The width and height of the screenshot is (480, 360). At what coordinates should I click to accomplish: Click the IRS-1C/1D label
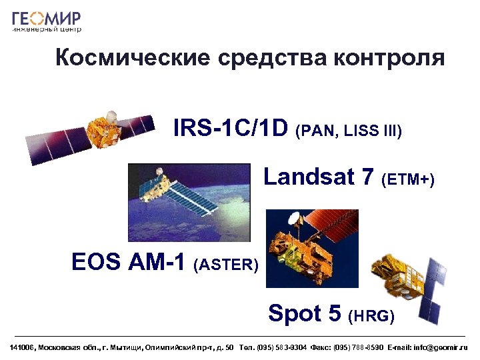pos(230,127)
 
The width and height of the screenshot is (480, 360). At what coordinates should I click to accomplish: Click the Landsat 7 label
pos(319,177)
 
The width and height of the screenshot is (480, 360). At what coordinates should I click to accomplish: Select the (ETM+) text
pos(407,179)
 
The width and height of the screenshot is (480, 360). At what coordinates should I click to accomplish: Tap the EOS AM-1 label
pos(129,263)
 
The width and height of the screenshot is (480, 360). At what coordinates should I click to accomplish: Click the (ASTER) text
pos(225,266)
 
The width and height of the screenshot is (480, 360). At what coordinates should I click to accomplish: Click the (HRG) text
pos(371,315)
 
